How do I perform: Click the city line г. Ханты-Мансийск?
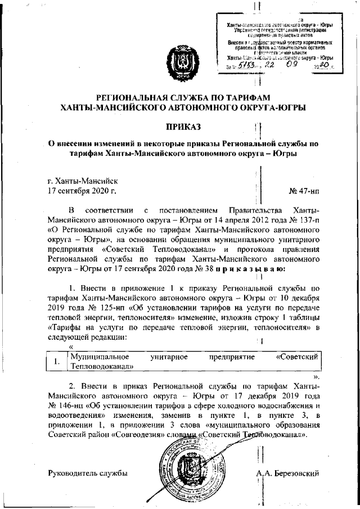tap(83, 181)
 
